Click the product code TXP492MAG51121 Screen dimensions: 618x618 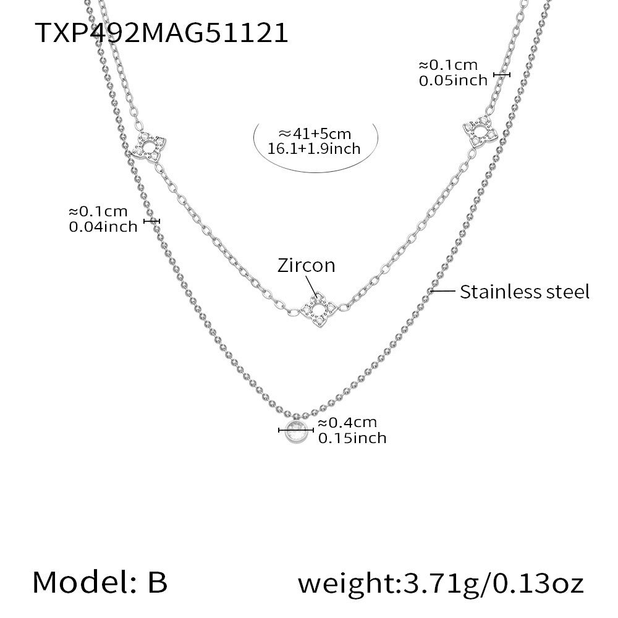(161, 32)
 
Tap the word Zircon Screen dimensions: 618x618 (307, 266)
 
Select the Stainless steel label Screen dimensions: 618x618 (525, 292)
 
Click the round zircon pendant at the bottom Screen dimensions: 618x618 (296, 432)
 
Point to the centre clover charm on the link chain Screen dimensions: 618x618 (318, 310)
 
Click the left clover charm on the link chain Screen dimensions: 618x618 (148, 146)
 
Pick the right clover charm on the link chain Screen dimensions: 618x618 (480, 132)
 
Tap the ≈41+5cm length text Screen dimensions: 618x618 (315, 134)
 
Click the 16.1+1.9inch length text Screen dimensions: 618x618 (314, 149)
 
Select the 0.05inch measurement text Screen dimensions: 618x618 (453, 81)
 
